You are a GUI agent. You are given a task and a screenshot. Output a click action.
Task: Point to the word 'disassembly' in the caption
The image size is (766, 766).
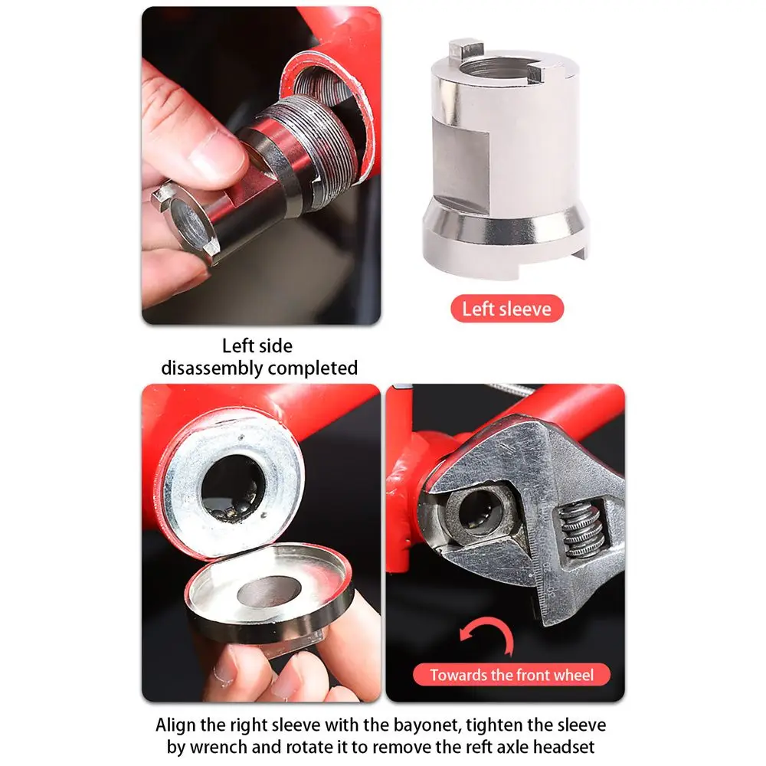pos(212,368)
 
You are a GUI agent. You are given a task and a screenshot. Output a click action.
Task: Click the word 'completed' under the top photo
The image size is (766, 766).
pos(313,368)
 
